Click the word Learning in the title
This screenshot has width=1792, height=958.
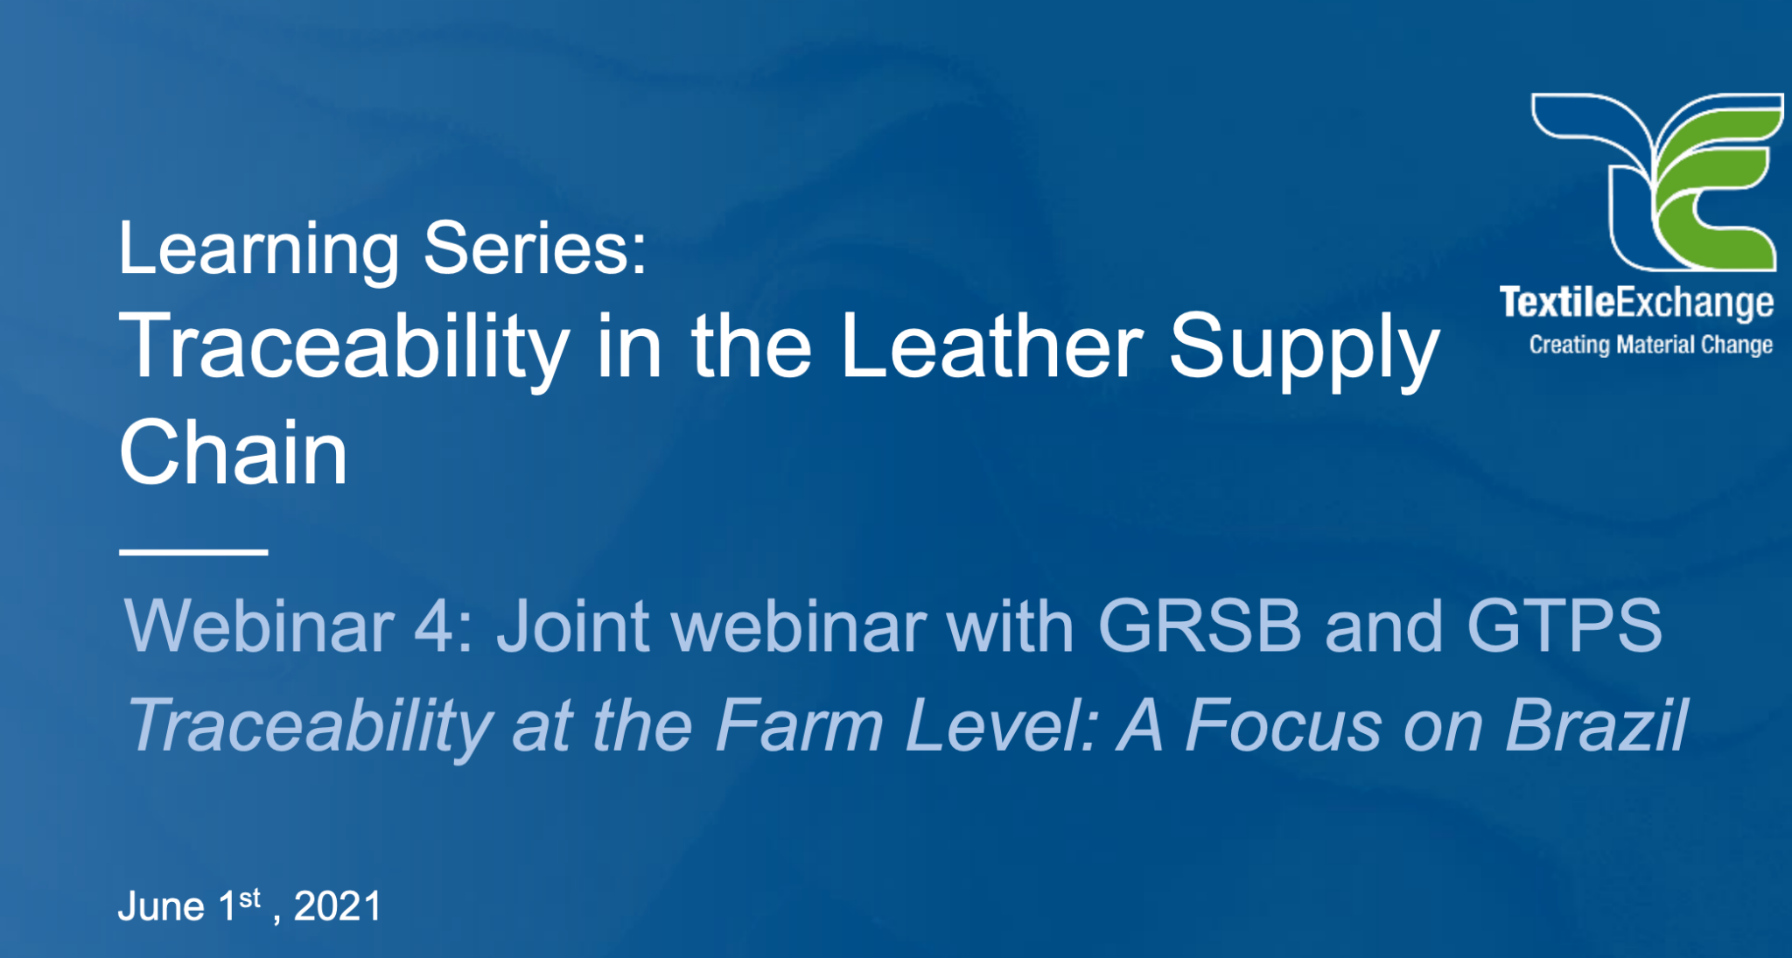(259, 250)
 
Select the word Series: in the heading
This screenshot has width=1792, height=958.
(535, 248)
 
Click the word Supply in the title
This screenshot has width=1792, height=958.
(1304, 350)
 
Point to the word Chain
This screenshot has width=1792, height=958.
(234, 452)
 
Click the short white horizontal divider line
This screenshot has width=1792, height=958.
(193, 552)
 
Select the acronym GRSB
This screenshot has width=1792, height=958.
(1199, 626)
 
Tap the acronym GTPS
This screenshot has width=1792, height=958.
(1564, 626)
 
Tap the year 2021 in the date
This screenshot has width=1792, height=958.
(338, 906)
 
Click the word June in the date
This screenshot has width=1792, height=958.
(161, 906)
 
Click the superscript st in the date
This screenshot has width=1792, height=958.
(250, 898)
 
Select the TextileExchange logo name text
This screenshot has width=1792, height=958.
(1636, 303)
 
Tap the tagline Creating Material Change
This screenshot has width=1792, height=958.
(1650, 345)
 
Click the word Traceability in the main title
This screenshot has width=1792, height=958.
(344, 350)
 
